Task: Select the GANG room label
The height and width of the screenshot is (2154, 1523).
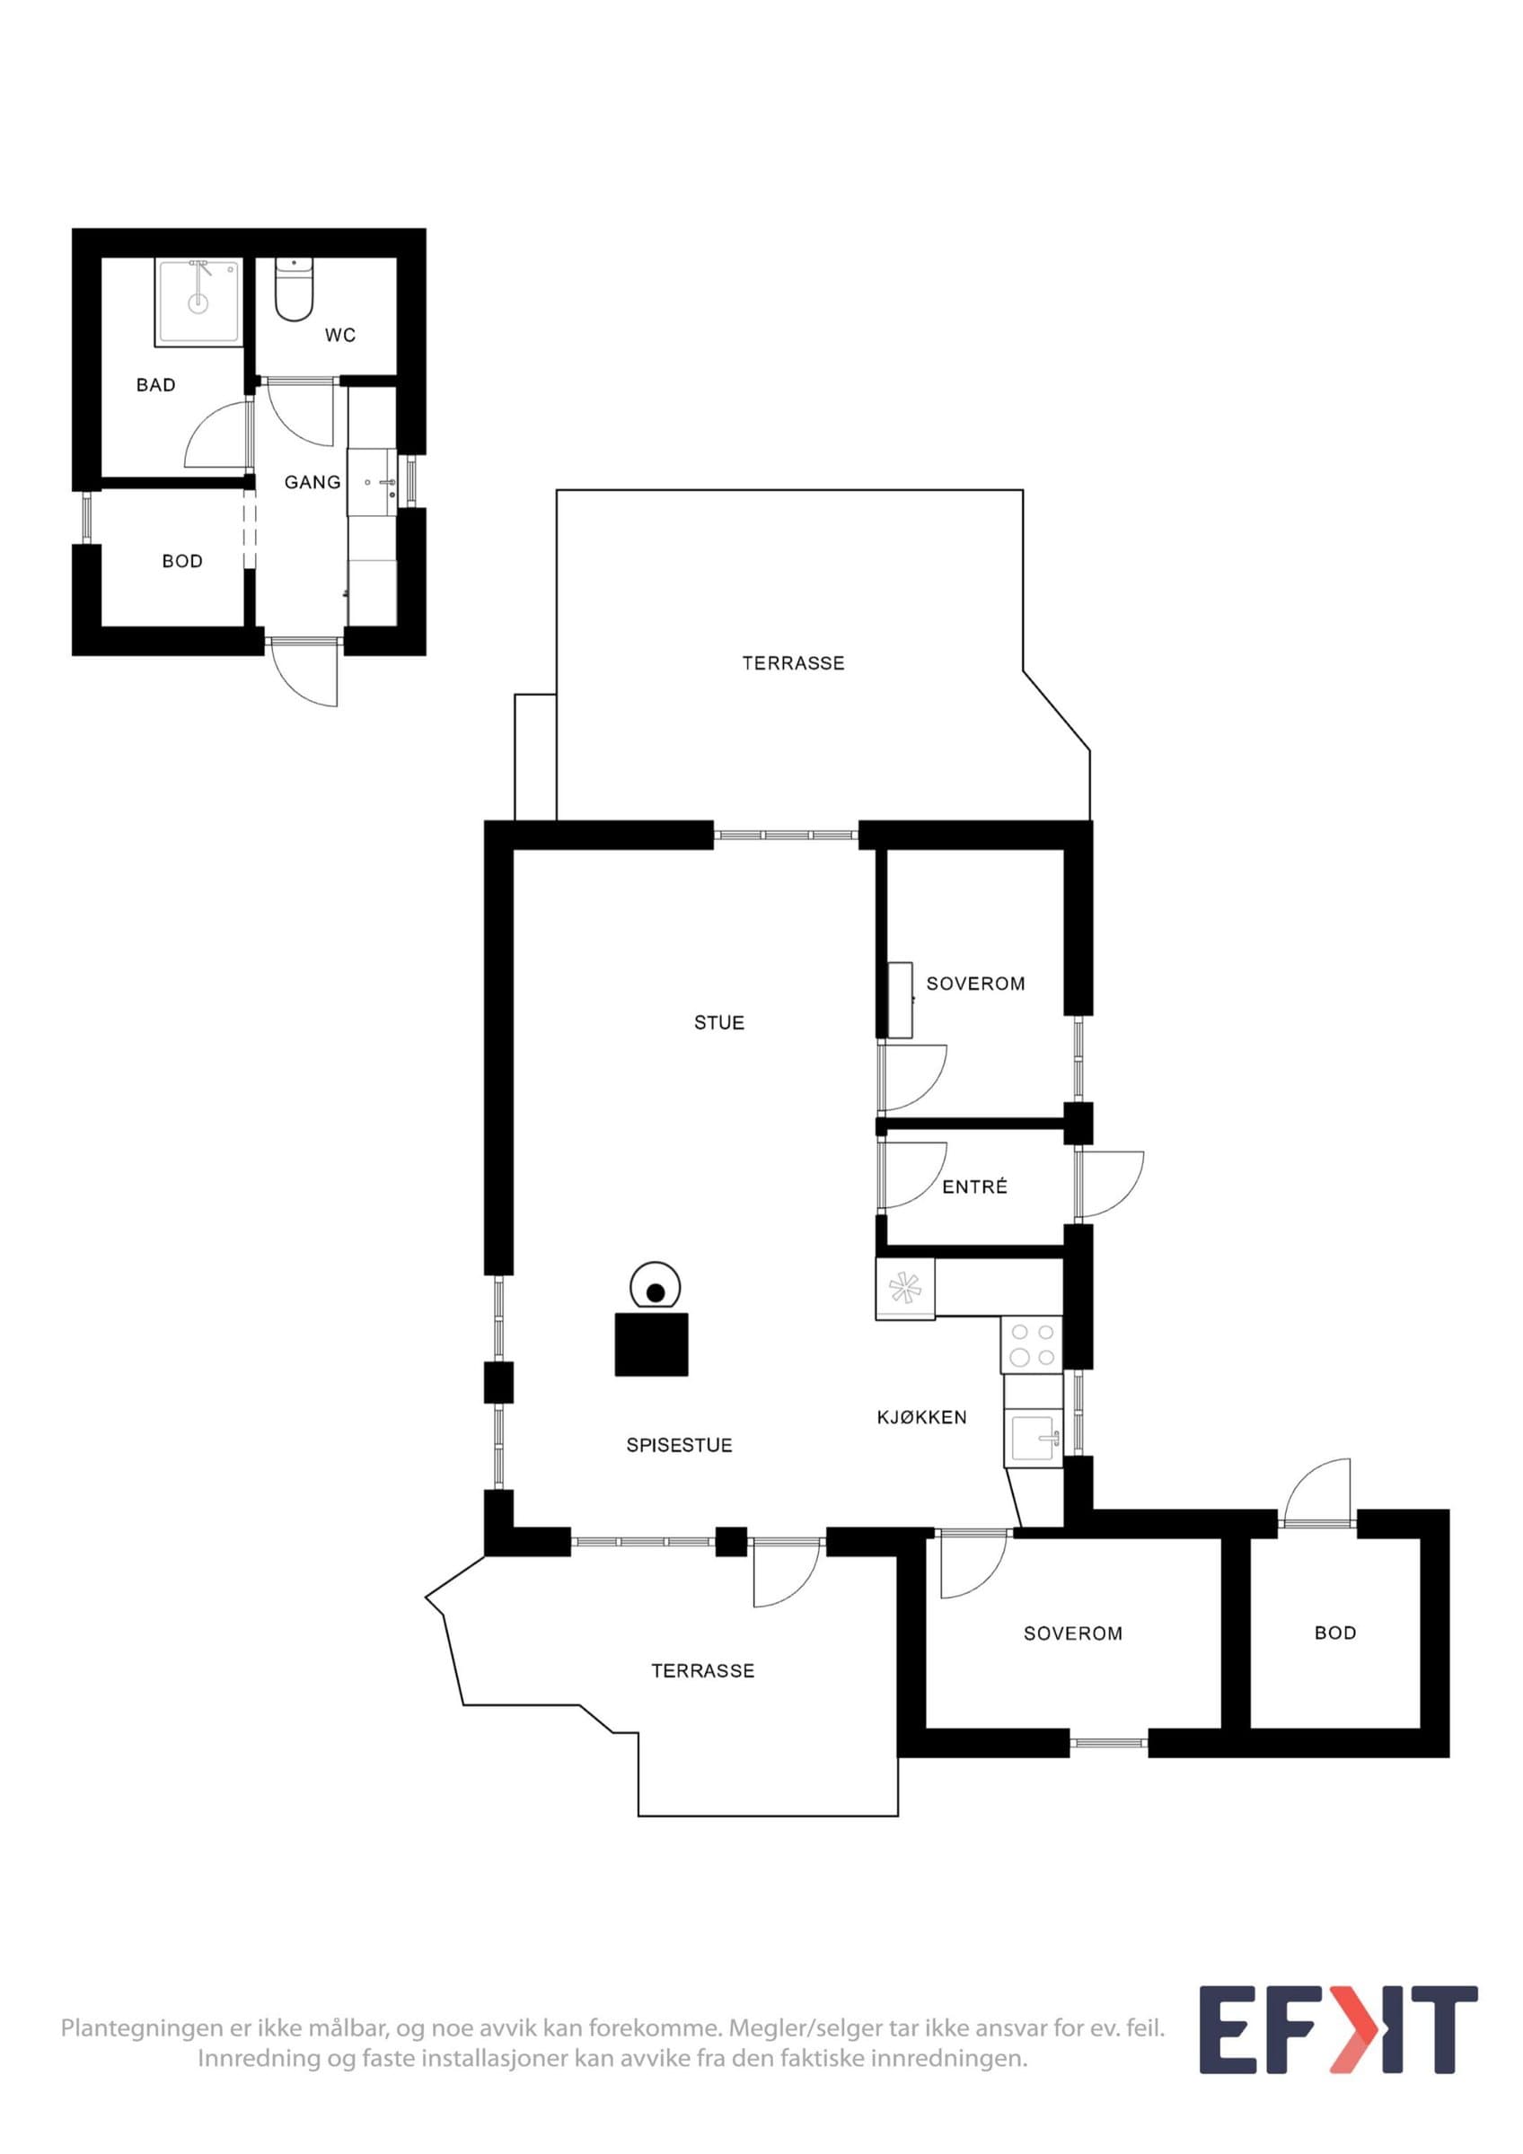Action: tap(313, 482)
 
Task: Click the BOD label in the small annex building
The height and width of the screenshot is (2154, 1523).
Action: tap(182, 561)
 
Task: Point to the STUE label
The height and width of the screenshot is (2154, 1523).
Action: tap(718, 1022)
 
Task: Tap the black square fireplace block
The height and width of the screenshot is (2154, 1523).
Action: tap(651, 1344)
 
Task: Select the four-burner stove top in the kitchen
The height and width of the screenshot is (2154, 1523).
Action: tap(1031, 1344)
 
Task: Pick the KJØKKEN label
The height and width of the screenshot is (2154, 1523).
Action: tap(921, 1417)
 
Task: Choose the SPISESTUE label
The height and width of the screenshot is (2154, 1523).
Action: tap(680, 1446)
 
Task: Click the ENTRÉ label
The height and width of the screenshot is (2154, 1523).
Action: tap(975, 1186)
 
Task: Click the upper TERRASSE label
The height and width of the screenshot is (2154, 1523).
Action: tap(793, 663)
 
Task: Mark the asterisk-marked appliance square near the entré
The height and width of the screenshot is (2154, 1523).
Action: tap(905, 1288)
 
